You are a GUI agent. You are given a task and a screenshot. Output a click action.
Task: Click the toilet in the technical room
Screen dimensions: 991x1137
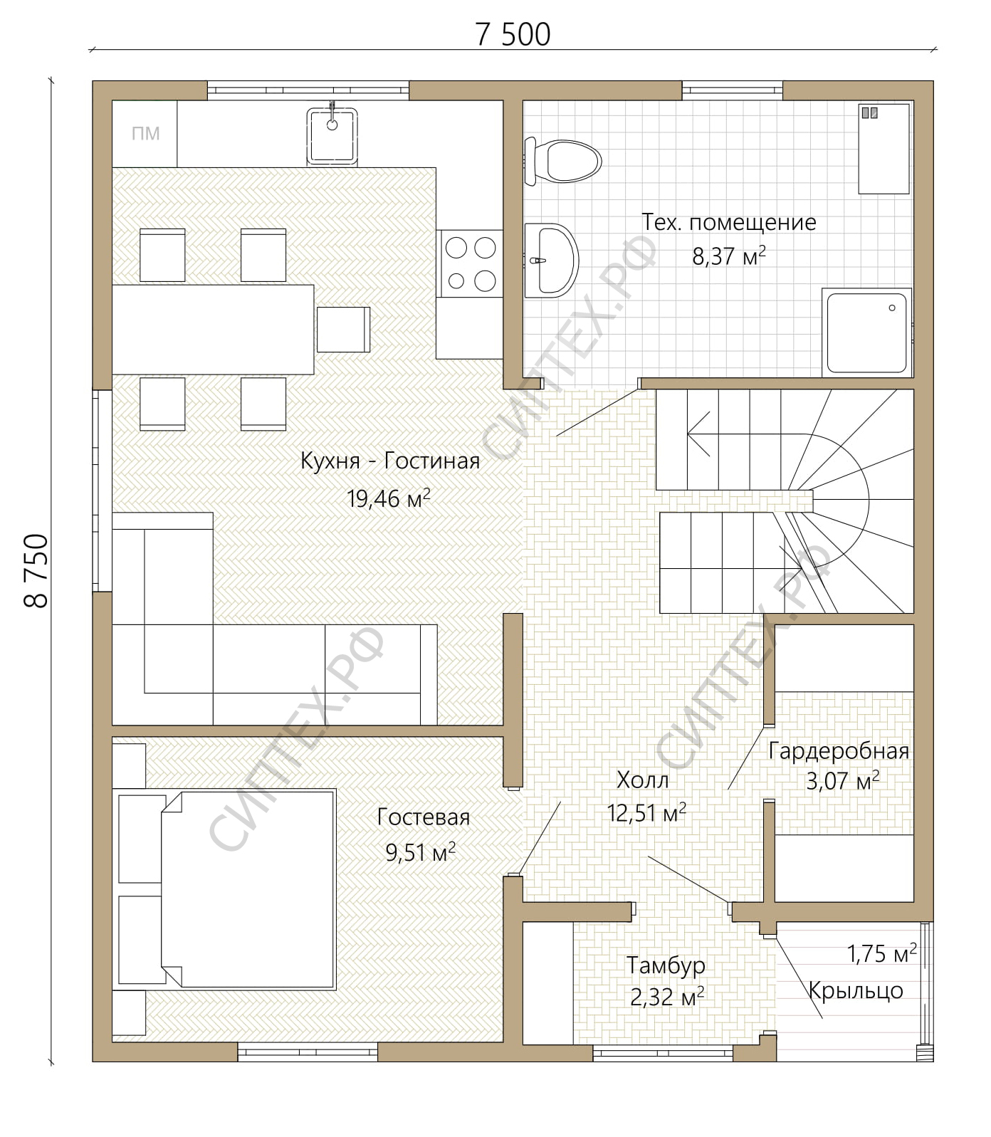(x=562, y=161)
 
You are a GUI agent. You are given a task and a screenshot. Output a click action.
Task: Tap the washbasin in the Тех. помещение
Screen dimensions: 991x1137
(x=551, y=260)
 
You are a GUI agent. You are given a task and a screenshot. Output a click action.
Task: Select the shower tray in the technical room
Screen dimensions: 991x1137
(x=867, y=332)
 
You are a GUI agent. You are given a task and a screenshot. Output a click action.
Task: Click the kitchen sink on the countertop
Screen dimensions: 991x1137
(x=332, y=135)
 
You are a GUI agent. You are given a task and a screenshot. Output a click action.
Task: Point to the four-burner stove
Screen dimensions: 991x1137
(x=470, y=263)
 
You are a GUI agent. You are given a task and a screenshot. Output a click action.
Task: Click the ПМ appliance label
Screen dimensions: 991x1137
(x=145, y=133)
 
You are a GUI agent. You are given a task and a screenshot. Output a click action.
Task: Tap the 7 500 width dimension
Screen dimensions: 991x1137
(x=513, y=34)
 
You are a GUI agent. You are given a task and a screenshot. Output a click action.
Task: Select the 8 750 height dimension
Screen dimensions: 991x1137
(x=36, y=570)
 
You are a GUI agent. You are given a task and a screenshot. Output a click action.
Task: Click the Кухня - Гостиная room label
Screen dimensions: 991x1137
(x=390, y=461)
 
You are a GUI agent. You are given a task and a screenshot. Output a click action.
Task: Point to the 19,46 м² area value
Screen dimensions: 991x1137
(x=389, y=498)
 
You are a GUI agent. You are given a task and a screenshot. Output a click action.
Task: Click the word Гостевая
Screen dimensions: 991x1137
(x=424, y=817)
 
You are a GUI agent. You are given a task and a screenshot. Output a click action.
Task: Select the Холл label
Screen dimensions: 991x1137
(x=642, y=780)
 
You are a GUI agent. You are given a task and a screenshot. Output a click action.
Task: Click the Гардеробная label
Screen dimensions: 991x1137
(x=839, y=751)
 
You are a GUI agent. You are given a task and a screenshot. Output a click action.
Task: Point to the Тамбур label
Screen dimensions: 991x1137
(x=666, y=965)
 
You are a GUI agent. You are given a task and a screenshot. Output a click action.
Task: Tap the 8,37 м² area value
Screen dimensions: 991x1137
(x=729, y=256)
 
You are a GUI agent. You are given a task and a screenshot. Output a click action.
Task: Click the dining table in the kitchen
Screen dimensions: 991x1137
(x=213, y=330)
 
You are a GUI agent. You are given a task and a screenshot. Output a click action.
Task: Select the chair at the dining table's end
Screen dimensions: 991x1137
(x=343, y=329)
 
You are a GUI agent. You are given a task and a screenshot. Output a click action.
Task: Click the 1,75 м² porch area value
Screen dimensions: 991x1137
(x=881, y=953)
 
